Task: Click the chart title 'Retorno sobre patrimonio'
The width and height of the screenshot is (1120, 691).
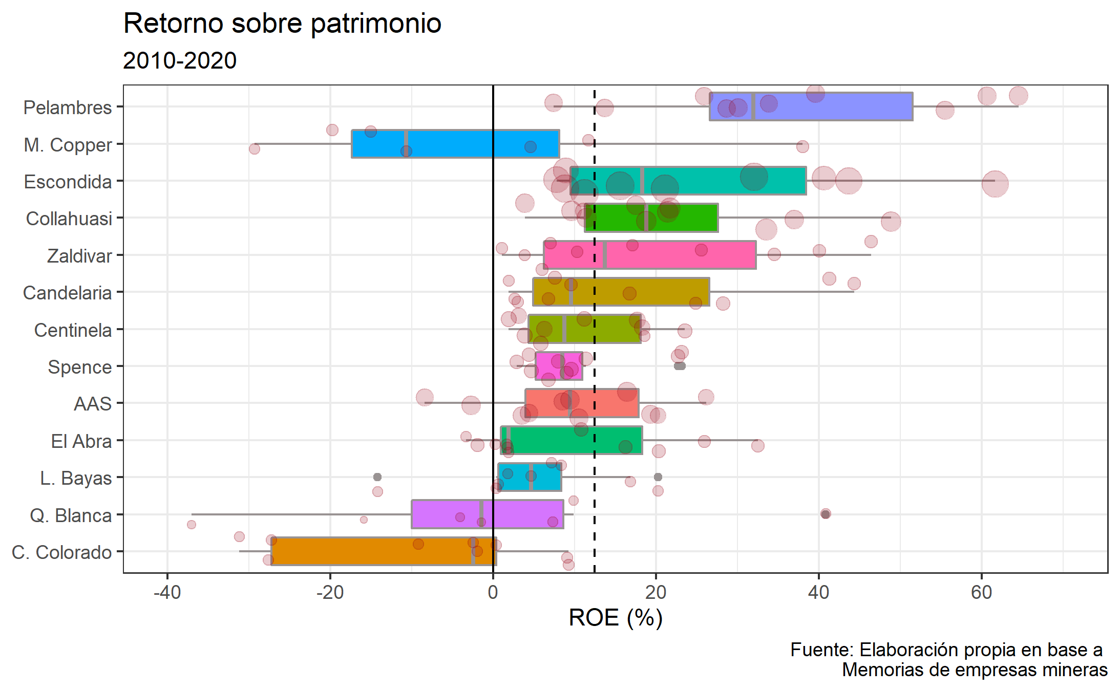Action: click(282, 24)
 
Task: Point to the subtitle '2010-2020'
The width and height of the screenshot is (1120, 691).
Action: click(180, 61)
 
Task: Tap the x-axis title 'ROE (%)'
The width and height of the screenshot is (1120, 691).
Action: click(616, 617)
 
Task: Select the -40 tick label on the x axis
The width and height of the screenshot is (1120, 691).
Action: click(167, 593)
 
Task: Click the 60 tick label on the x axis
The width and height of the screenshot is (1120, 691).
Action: click(981, 593)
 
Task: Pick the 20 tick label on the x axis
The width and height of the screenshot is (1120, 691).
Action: click(656, 593)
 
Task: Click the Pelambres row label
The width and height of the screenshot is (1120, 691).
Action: click(68, 107)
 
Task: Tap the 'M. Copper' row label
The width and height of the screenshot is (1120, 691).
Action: click(68, 145)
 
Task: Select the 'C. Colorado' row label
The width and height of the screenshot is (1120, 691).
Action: click(62, 552)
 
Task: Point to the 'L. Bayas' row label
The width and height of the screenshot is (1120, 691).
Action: click(76, 478)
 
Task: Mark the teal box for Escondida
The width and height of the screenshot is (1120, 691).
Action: click(717, 181)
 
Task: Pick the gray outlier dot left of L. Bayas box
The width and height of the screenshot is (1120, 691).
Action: click(377, 477)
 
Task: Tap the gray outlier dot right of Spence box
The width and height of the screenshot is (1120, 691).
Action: click(680, 366)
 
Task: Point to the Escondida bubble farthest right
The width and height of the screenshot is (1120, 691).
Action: click(995, 184)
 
